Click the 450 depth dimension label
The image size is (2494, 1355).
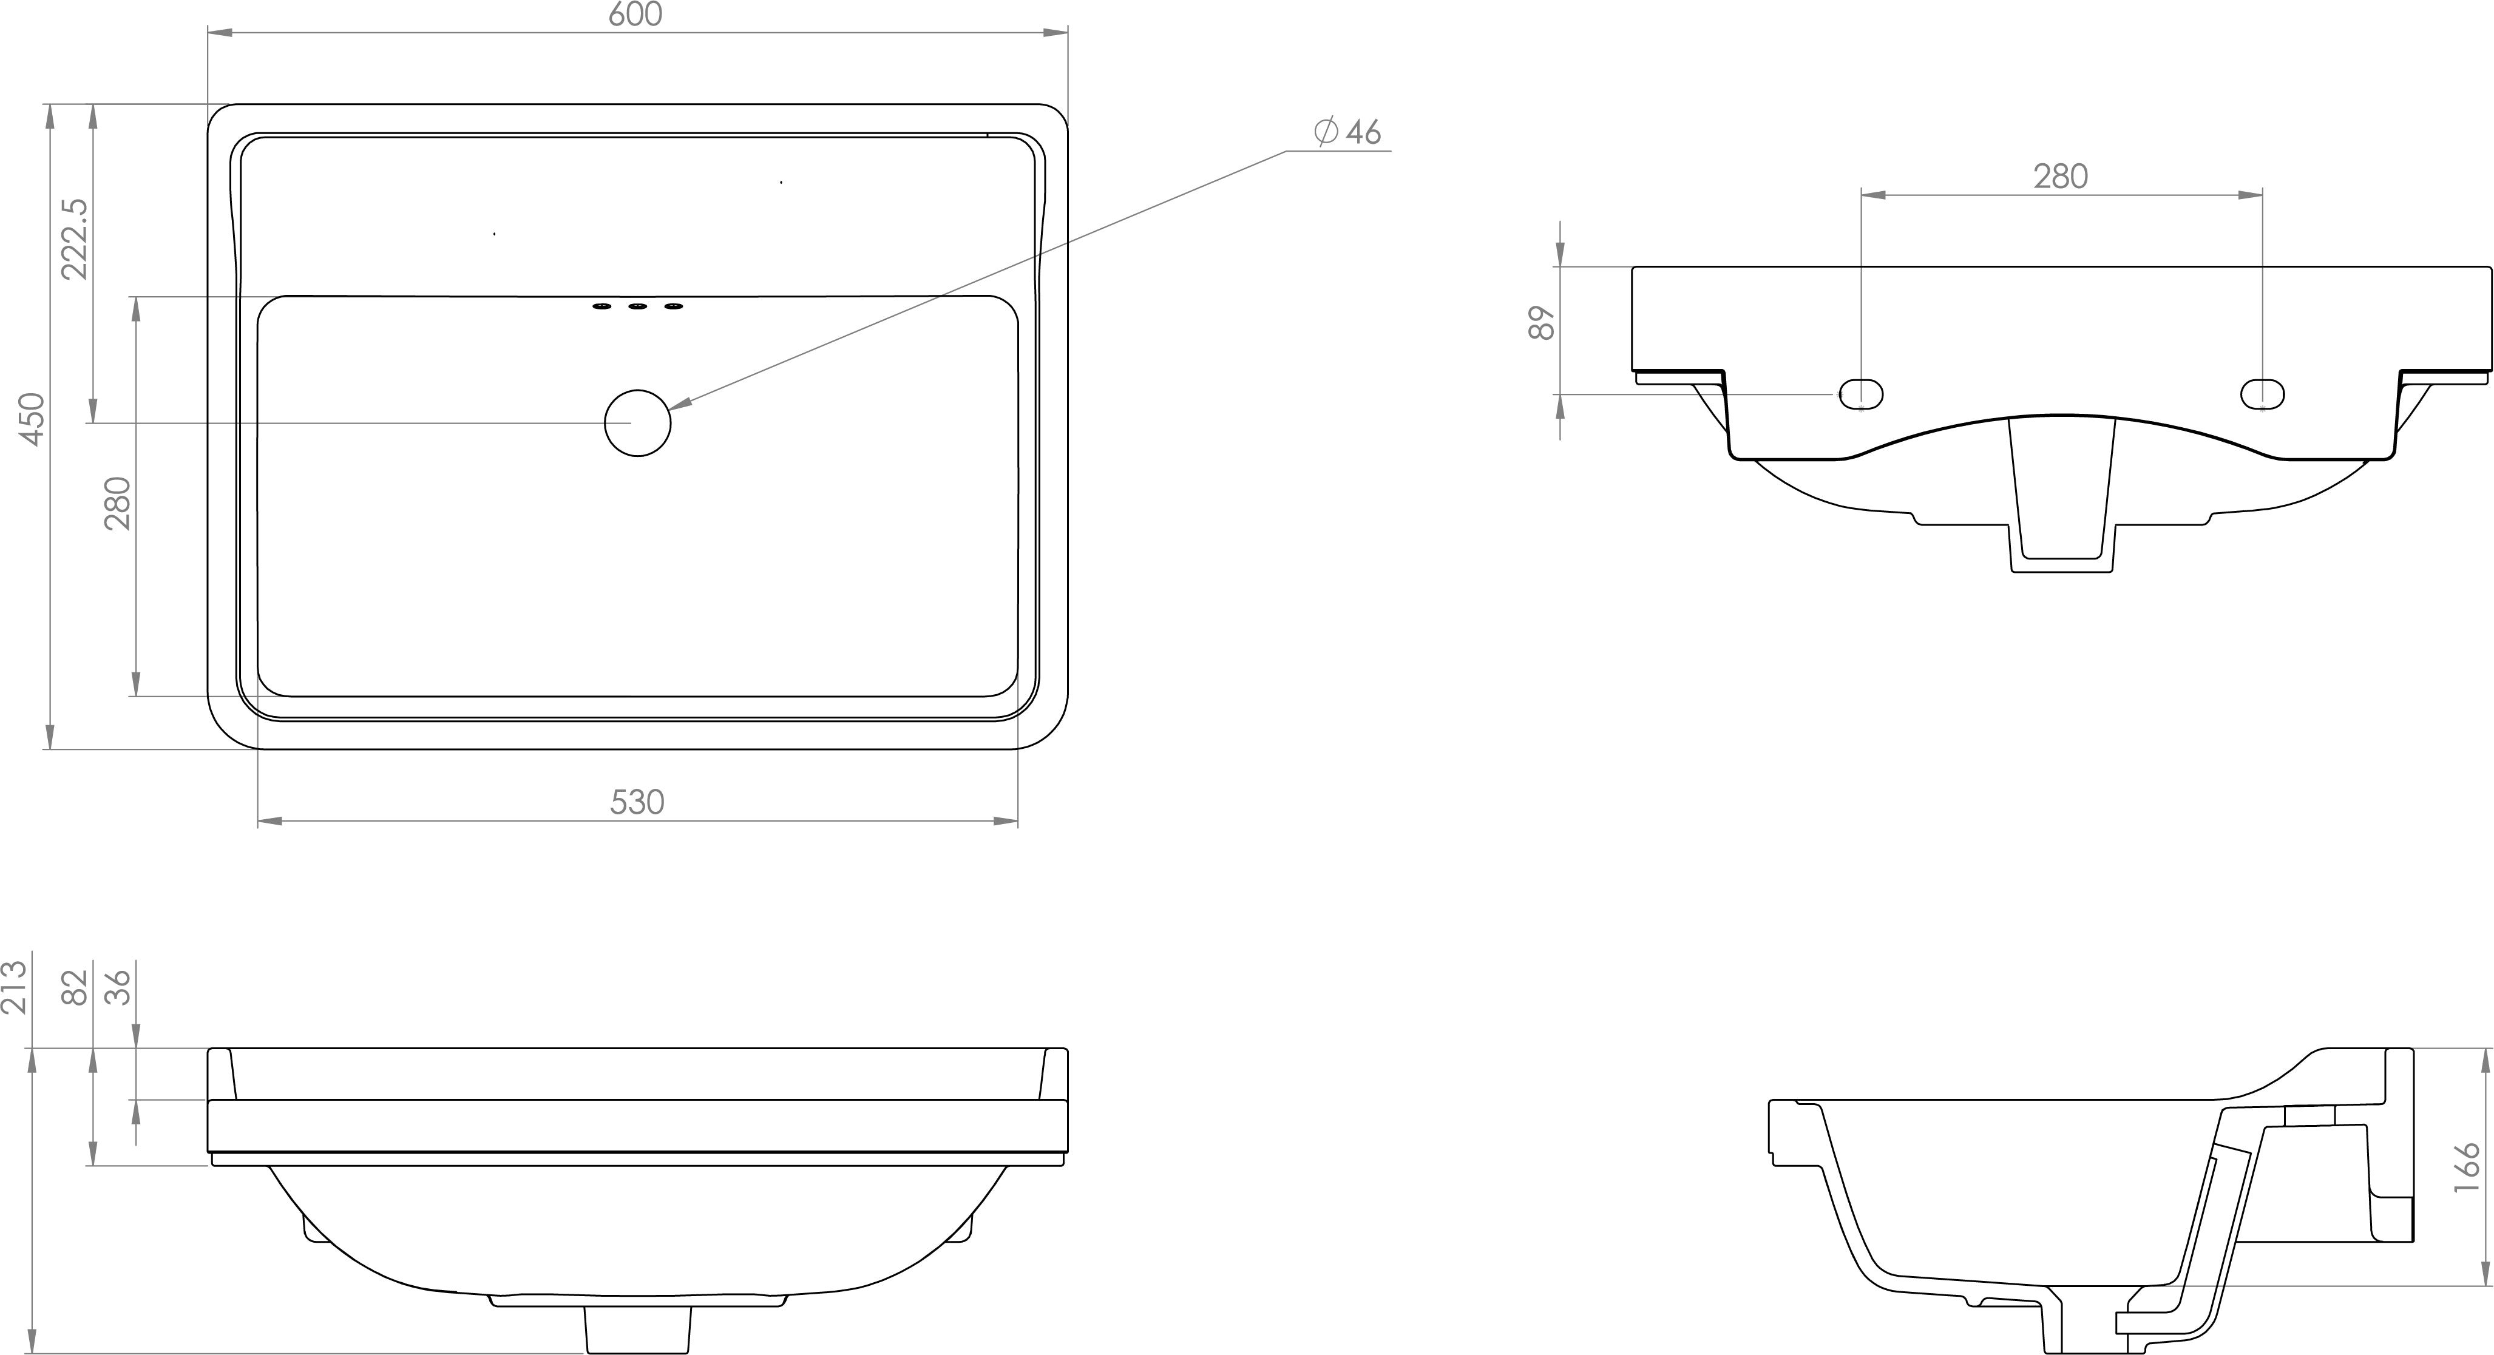click(32, 418)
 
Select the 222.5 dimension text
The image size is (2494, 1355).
click(75, 239)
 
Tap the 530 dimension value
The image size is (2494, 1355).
click(637, 802)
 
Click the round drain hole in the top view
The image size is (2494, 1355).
click(637, 423)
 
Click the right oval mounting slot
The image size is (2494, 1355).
click(2263, 393)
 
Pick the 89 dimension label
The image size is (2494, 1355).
click(1541, 322)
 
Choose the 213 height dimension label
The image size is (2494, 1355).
click(15, 987)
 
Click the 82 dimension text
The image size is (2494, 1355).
click(75, 987)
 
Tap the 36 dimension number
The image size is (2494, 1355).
click(118, 987)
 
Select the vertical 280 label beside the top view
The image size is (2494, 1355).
click(117, 503)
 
